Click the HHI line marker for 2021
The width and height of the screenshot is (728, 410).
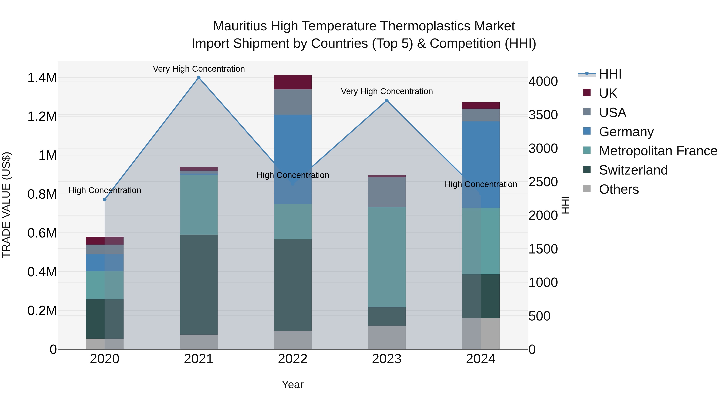tap(199, 78)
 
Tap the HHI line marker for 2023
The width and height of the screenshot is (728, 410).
tap(387, 100)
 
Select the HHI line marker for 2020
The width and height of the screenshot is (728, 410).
tap(105, 199)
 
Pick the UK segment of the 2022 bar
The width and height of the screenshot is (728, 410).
tap(293, 82)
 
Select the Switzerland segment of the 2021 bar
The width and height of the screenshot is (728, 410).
tap(199, 284)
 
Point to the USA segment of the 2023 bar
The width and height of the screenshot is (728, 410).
tap(387, 192)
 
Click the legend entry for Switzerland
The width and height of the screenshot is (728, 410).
tap(633, 170)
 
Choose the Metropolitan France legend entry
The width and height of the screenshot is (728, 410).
tap(658, 151)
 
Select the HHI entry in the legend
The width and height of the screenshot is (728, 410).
tap(610, 74)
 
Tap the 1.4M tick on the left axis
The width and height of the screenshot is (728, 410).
tap(42, 78)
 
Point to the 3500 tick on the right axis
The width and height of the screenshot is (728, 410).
tap(543, 115)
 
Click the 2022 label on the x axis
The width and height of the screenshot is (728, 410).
tap(293, 359)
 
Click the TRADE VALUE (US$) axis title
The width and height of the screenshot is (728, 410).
tap(6, 205)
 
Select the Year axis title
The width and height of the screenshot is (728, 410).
tap(293, 384)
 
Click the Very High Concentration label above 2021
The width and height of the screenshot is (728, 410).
tap(199, 69)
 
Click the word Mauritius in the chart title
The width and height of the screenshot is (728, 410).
tap(240, 26)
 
